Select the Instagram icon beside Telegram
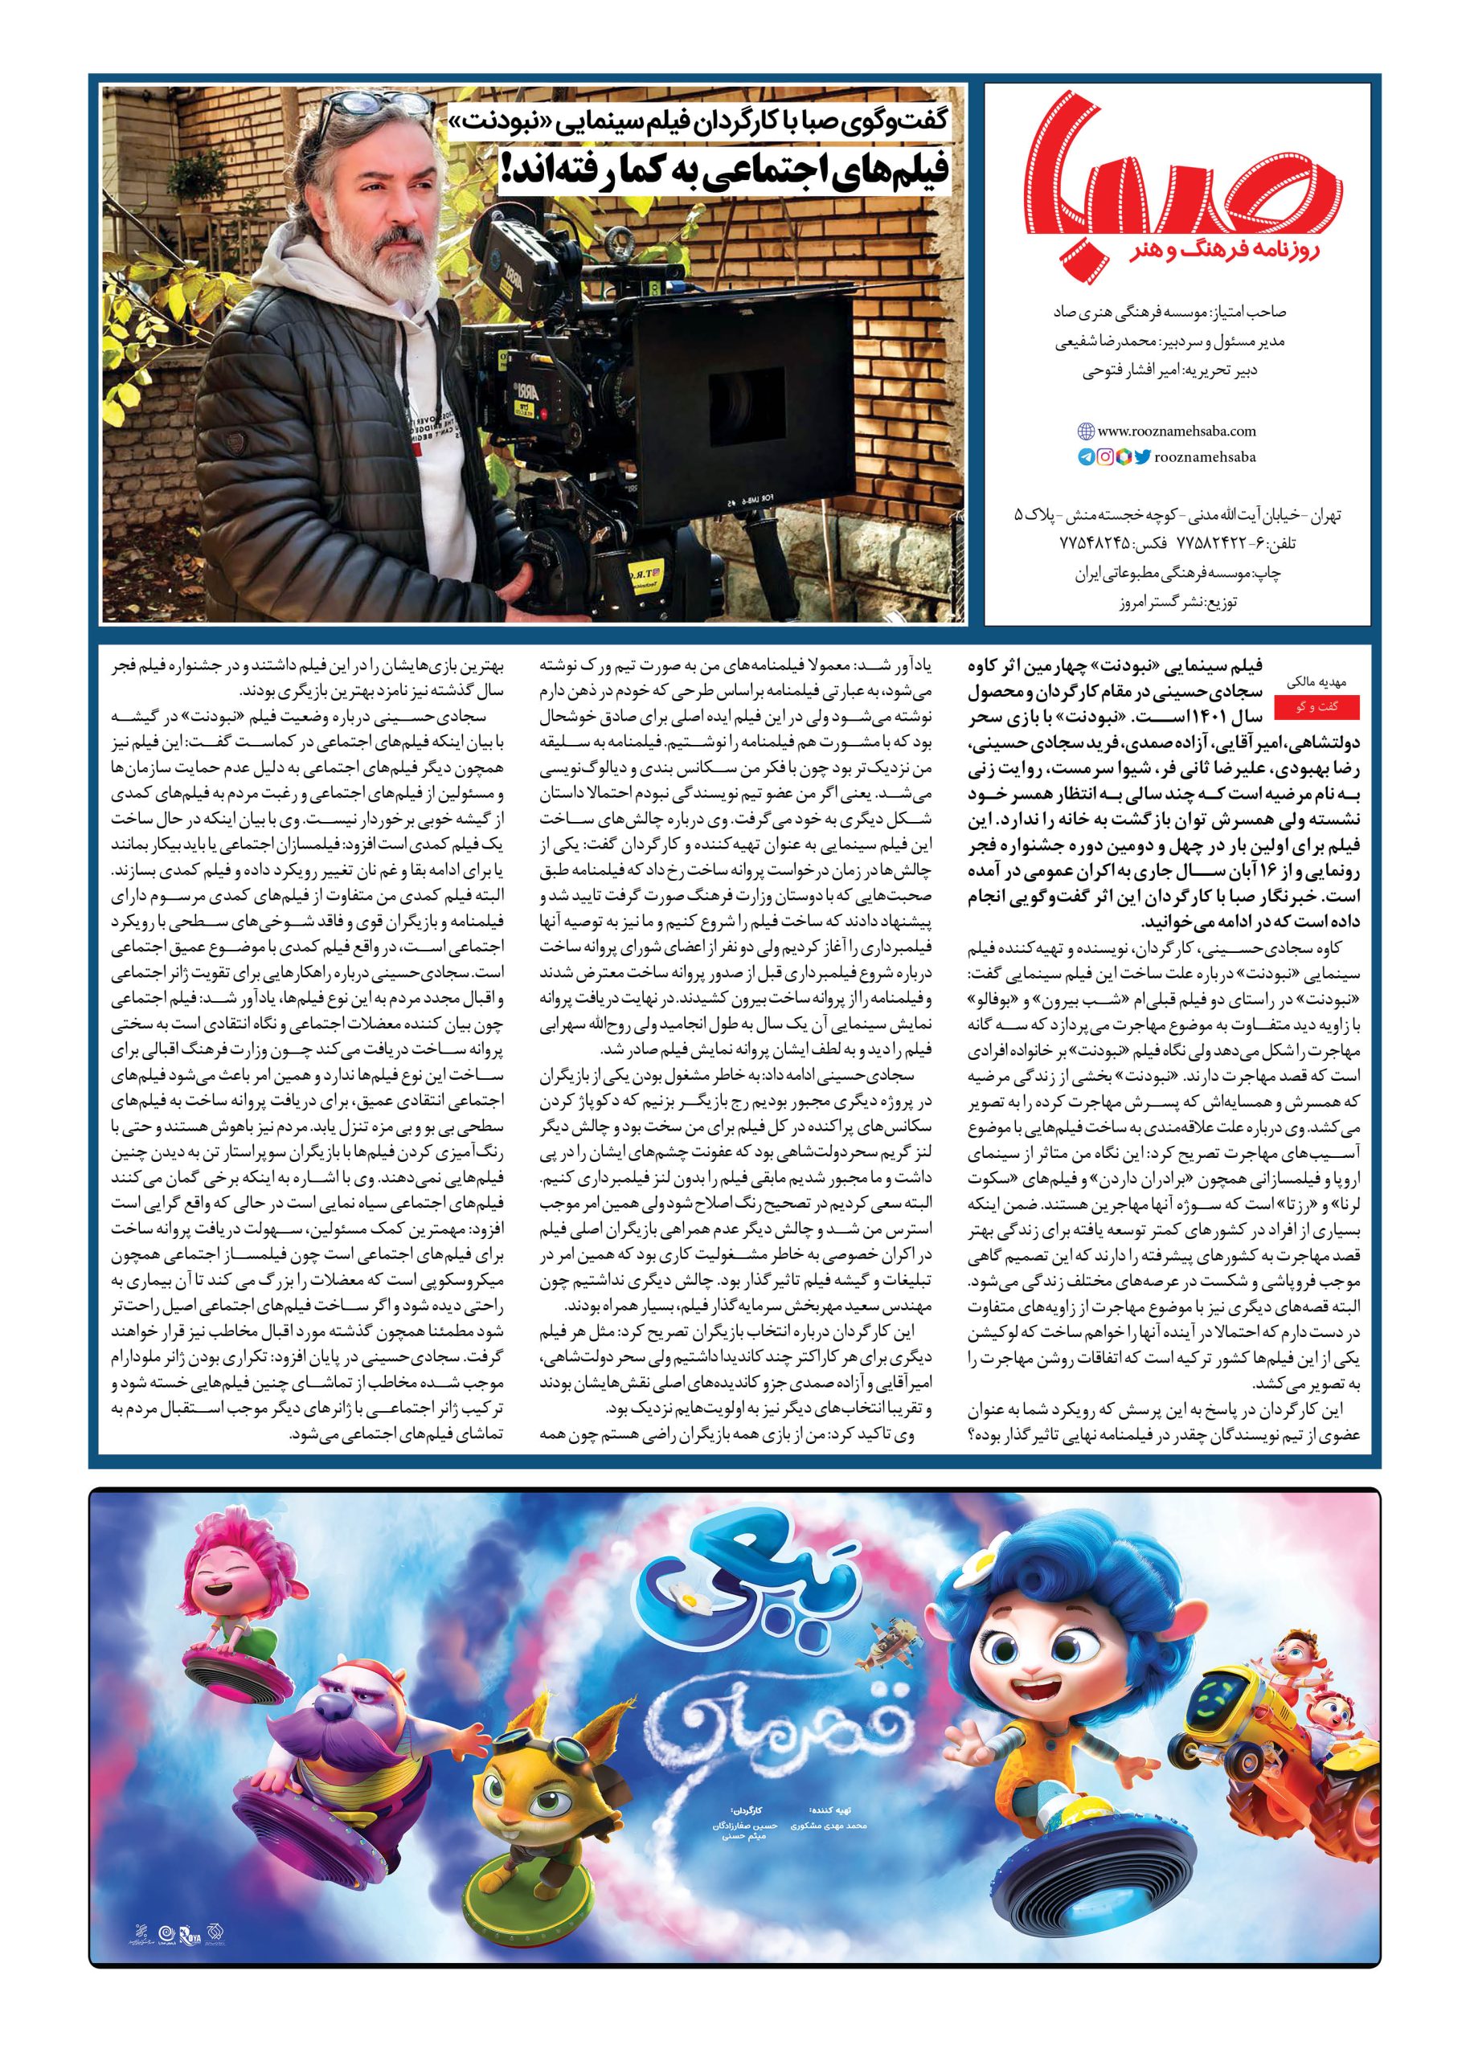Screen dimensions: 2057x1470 (x=1105, y=458)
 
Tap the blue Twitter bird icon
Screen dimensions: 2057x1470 (x=1143, y=458)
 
